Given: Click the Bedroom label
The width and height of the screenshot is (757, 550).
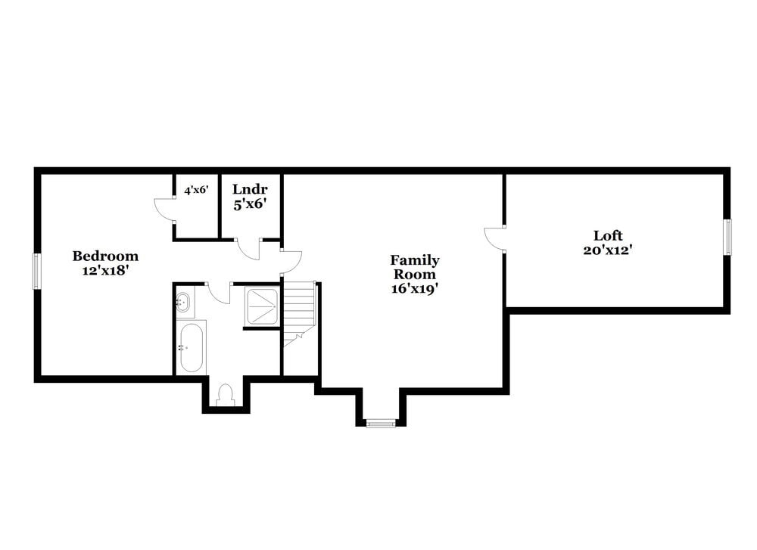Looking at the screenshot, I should pos(104,256).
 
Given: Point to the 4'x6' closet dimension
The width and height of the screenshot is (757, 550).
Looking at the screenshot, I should pos(196,191).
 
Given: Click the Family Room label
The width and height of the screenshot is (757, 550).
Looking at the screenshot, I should pos(414,267).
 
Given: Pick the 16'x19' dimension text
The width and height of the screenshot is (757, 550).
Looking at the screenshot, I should pos(414,288).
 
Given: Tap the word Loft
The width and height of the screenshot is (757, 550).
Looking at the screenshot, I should pos(608,235).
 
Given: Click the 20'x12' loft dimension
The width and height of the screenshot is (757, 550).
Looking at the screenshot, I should pos(608,250).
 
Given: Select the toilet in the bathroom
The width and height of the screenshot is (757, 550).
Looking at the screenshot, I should pos(225,394).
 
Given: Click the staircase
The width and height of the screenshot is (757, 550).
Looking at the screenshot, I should pos(299,310).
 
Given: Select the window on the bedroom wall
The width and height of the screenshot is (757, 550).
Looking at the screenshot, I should pos(36,270).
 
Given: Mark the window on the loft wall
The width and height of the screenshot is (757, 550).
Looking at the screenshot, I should pos(727,237).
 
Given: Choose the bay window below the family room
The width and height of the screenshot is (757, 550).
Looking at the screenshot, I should pos(381,423).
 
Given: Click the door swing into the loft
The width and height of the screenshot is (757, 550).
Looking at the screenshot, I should pos(495,238).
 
